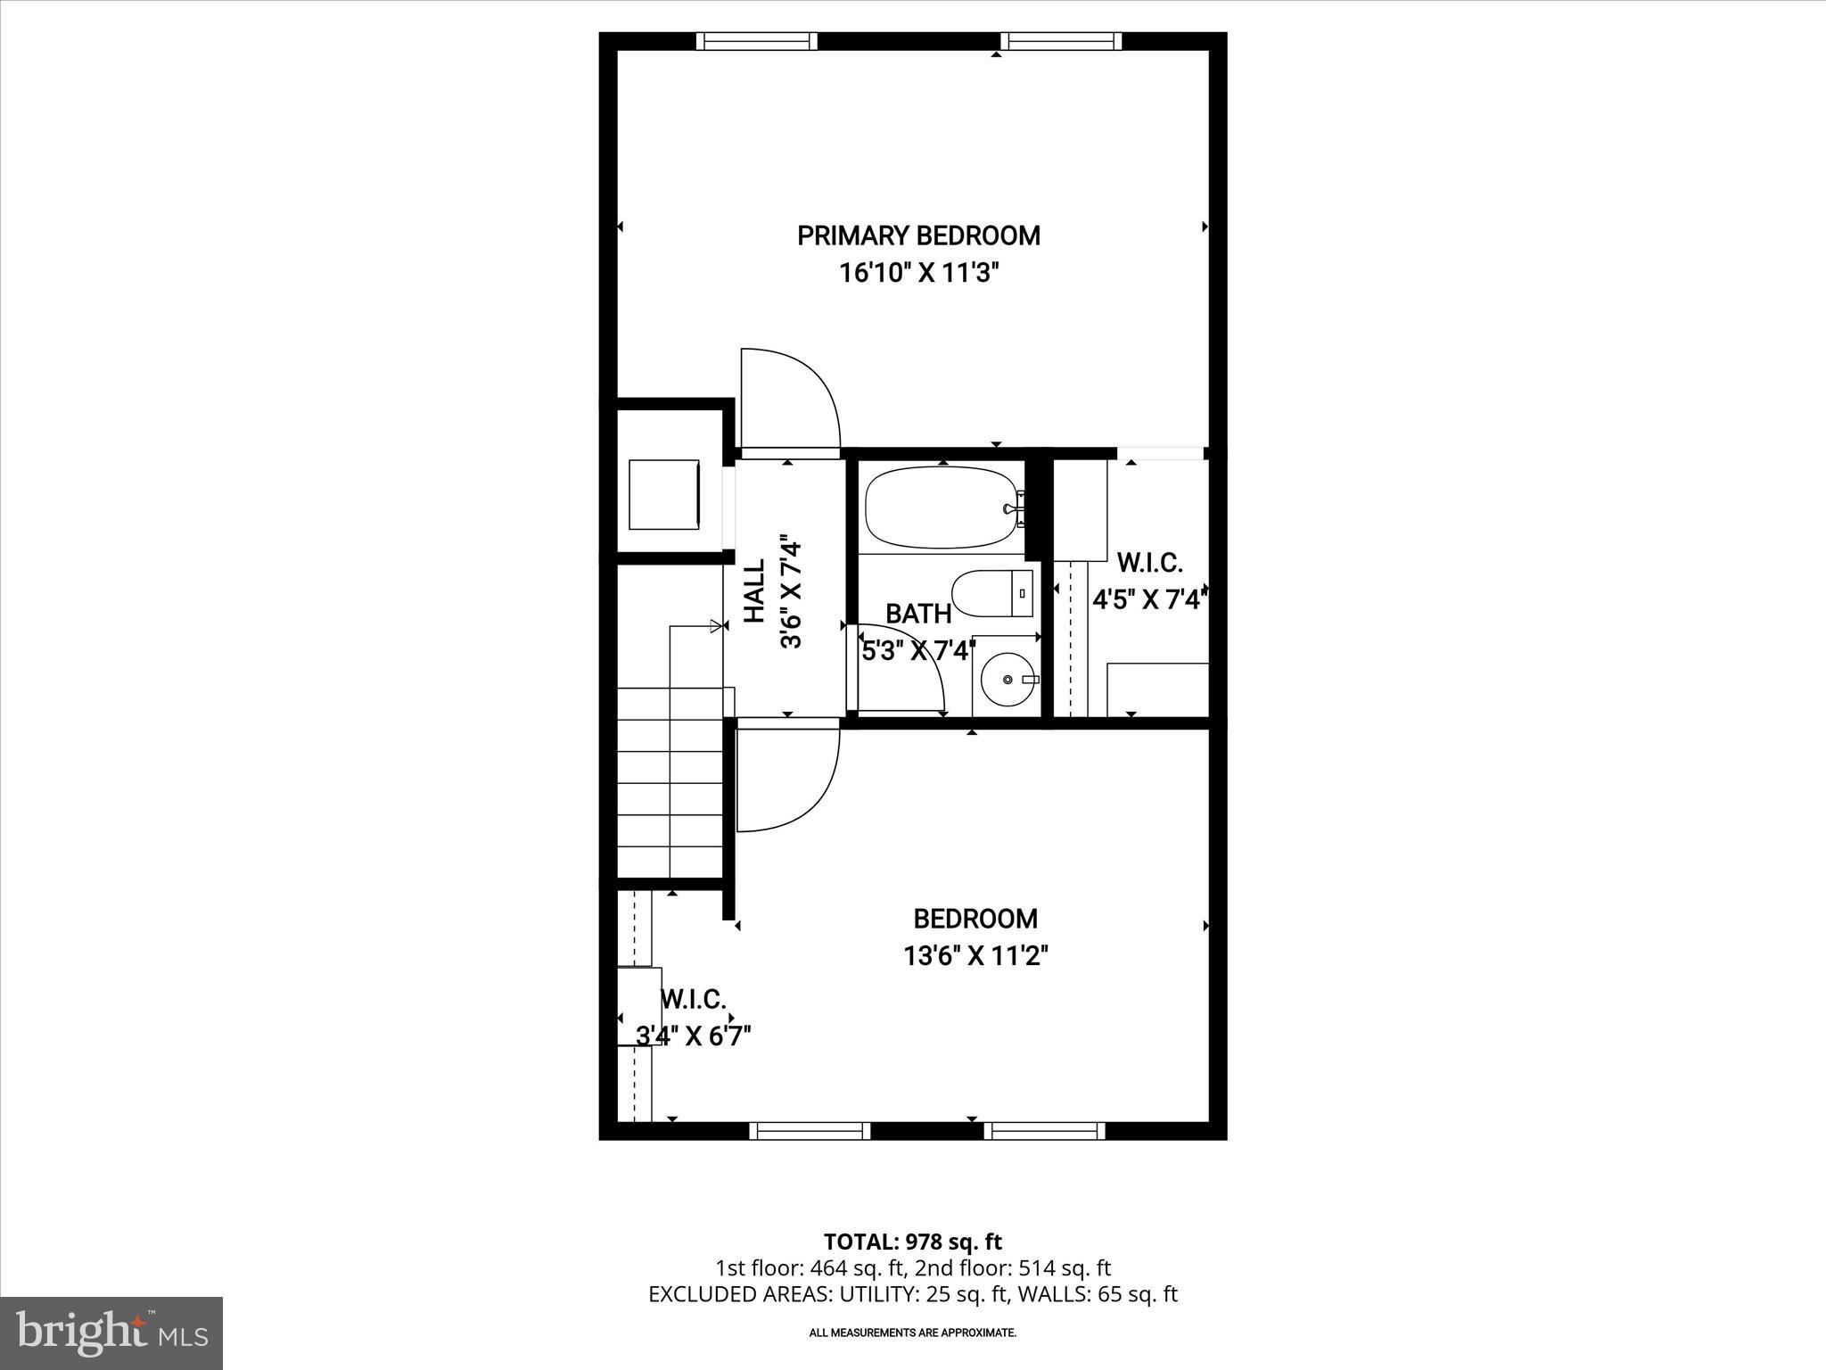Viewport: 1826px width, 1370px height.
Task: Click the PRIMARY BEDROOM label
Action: click(918, 235)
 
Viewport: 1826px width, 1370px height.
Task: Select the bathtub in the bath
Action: click(942, 508)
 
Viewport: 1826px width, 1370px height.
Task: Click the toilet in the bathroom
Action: click(991, 592)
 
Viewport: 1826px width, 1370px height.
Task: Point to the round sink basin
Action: click(1008, 680)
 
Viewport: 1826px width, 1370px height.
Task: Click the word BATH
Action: click(918, 614)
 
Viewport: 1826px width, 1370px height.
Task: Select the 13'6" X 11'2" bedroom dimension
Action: click(975, 956)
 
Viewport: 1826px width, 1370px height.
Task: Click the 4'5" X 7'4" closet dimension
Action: click(1150, 598)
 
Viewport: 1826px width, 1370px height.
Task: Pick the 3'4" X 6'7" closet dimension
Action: click(694, 1036)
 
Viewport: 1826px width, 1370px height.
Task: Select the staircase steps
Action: click(670, 785)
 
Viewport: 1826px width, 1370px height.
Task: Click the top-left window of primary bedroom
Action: click(756, 41)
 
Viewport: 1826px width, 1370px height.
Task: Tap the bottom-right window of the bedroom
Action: click(1044, 1131)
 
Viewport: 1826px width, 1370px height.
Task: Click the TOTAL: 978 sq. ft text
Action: click(912, 1242)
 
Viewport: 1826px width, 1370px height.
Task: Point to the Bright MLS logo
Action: click(111, 1333)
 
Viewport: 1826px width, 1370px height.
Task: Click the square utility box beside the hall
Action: click(664, 495)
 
